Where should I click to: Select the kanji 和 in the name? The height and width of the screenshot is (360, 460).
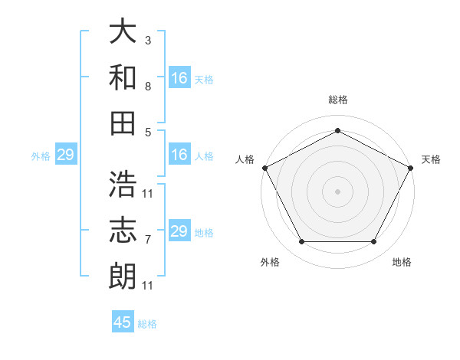pyautogui.click(x=123, y=77)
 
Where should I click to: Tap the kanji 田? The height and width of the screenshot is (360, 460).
pyautogui.click(x=123, y=122)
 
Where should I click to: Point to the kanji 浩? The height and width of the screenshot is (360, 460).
pyautogui.click(x=123, y=185)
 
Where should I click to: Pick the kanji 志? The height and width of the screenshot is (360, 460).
pyautogui.click(x=123, y=230)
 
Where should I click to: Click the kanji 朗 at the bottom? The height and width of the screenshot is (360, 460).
pyautogui.click(x=123, y=275)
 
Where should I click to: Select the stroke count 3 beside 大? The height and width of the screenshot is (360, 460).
pyautogui.click(x=147, y=39)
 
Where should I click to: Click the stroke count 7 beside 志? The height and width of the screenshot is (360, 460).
pyautogui.click(x=147, y=240)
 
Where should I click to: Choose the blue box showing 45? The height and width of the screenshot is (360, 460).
pyautogui.click(x=123, y=322)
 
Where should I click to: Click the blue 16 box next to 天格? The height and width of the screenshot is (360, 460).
pyautogui.click(x=179, y=78)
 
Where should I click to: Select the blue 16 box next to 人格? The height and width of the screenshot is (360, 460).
pyautogui.click(x=179, y=155)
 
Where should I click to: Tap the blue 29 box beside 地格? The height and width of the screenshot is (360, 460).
pyautogui.click(x=179, y=231)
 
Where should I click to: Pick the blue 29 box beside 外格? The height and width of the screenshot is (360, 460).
pyautogui.click(x=66, y=155)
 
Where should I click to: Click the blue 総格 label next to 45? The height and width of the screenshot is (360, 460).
pyautogui.click(x=147, y=324)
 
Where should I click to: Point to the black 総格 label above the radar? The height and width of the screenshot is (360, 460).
pyautogui.click(x=337, y=100)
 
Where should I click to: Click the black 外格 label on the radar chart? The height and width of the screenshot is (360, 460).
pyautogui.click(x=270, y=262)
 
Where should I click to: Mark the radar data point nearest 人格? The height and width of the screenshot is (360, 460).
pyautogui.click(x=264, y=167)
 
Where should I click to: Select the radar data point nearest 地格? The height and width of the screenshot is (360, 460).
pyautogui.click(x=374, y=242)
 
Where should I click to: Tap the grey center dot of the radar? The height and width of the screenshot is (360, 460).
pyautogui.click(x=337, y=191)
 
